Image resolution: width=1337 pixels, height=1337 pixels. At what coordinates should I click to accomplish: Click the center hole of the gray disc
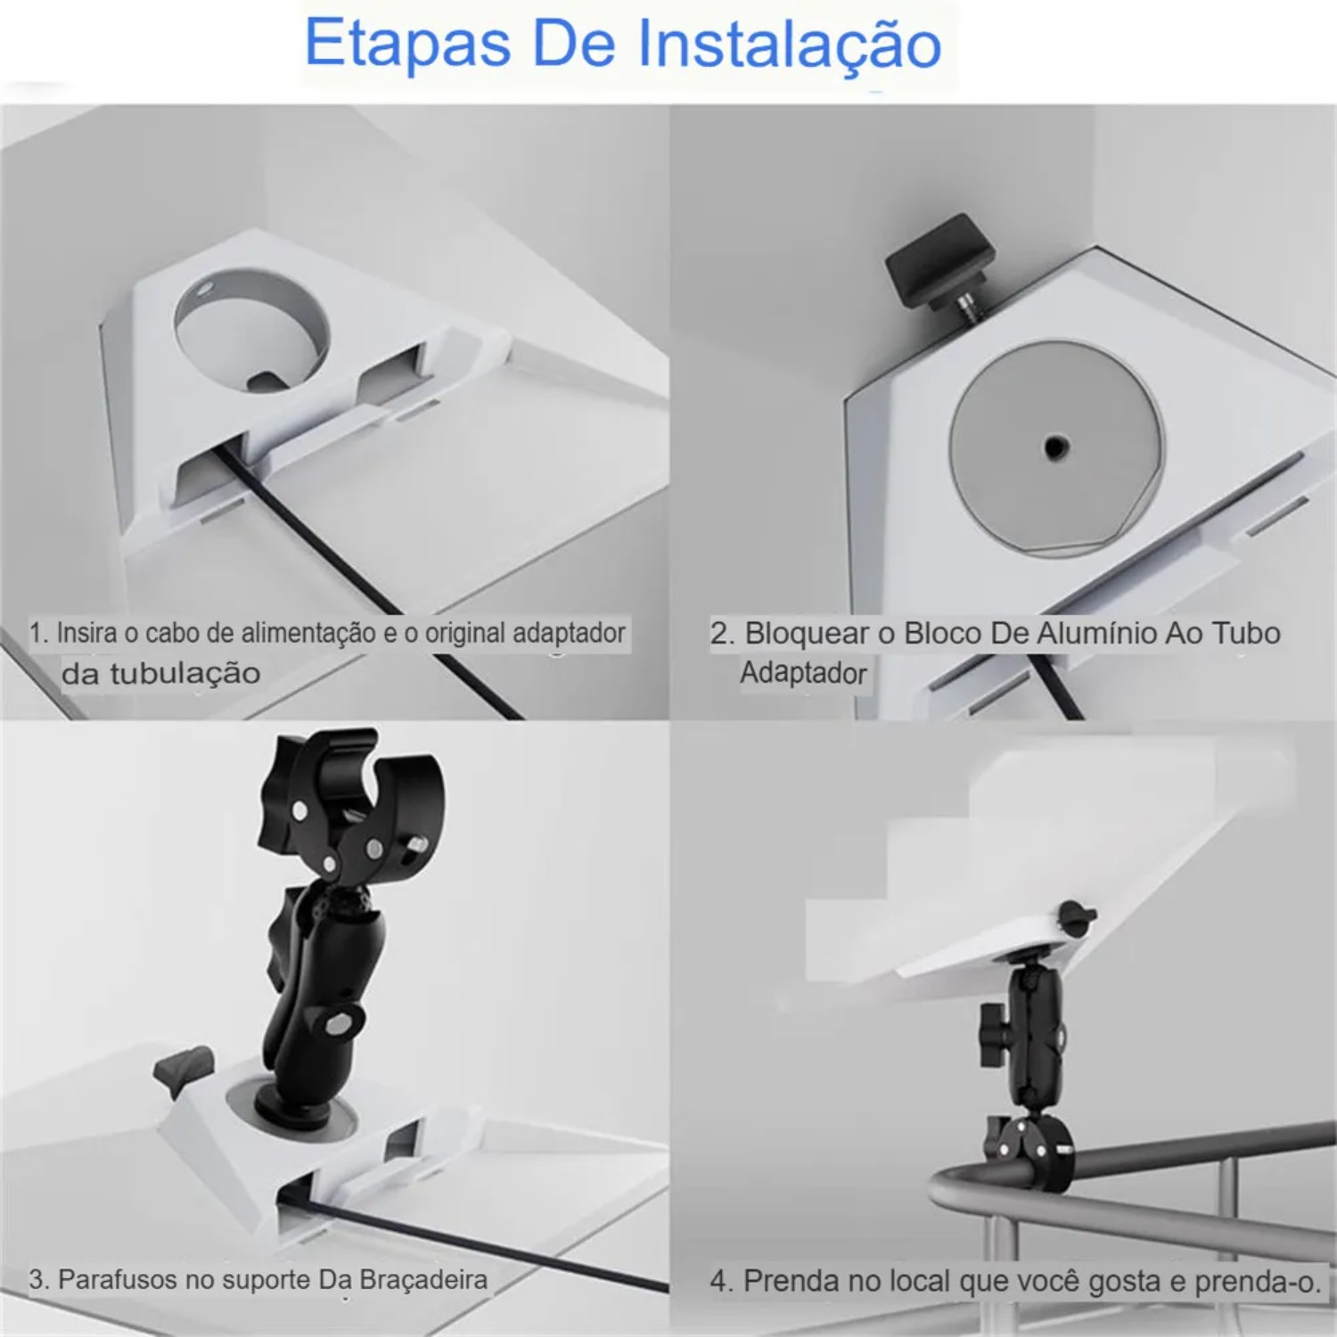(x=1055, y=445)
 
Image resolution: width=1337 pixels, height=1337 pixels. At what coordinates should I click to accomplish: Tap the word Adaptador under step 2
(x=803, y=672)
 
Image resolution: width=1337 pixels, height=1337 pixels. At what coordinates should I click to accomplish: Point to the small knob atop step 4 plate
(x=1074, y=918)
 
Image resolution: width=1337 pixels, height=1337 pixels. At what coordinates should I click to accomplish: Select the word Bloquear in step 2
(x=807, y=633)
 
